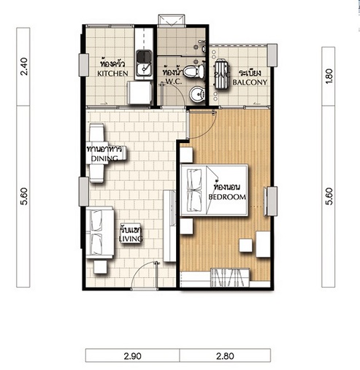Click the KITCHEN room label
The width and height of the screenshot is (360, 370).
coord(112,74)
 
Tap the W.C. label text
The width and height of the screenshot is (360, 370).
coord(174,82)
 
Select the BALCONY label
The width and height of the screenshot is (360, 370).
coord(250,82)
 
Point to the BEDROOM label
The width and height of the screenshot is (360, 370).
coord(227,197)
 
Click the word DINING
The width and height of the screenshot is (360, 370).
coord(104,158)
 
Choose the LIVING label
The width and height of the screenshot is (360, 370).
coord(131,239)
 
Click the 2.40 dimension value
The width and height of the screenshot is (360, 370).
coord(24,66)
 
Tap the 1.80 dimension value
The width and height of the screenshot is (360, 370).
coord(329,77)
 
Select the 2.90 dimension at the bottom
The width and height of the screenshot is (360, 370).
coord(132,356)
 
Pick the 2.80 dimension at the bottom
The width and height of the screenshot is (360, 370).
coord(225,356)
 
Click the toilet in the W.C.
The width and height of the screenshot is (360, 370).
coord(194,72)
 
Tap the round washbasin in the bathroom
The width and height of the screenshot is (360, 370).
coord(197,94)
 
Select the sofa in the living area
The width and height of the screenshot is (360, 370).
coord(100,232)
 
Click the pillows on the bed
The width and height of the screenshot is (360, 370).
coord(194,190)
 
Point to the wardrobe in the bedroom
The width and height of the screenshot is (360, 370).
coord(230,277)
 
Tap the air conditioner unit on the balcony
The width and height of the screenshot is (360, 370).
coord(222,74)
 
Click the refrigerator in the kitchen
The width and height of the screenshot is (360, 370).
coord(139,93)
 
